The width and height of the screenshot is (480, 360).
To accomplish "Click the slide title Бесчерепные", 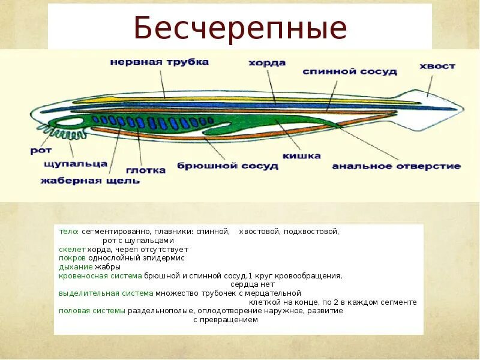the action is pyautogui.click(x=240, y=28).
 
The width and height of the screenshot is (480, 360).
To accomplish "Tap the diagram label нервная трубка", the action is pyautogui.click(x=159, y=62).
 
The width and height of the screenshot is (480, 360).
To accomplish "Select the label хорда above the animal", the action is pyautogui.click(x=267, y=62).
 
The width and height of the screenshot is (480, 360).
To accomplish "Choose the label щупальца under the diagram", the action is pyautogui.click(x=76, y=163).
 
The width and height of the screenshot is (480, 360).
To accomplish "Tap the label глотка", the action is pyautogui.click(x=146, y=170).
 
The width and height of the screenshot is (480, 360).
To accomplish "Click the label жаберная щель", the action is pyautogui.click(x=91, y=180).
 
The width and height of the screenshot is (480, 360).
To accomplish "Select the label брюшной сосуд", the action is pyautogui.click(x=228, y=166).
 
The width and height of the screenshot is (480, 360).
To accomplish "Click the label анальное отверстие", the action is pyautogui.click(x=397, y=166).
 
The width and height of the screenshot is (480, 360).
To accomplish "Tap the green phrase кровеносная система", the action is pyautogui.click(x=100, y=275).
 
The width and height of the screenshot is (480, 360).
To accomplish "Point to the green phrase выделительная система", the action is pyautogui.click(x=106, y=293).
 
